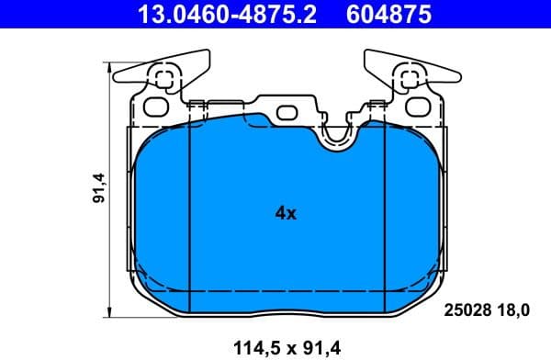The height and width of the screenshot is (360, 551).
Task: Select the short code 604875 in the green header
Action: point(387,14)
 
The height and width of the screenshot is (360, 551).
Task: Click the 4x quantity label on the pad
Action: point(286,213)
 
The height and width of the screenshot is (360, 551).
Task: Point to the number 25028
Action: point(466,310)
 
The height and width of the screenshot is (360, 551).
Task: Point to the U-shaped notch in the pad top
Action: point(337,135)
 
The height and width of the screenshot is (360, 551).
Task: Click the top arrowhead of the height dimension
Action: point(110,65)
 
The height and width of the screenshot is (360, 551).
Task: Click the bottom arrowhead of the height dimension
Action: point(110,309)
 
